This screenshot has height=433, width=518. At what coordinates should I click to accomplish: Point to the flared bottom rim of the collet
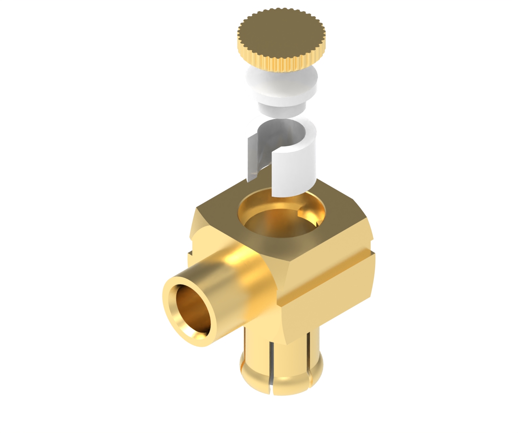click(283, 385)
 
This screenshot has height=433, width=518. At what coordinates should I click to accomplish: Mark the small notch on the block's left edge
click(189, 254)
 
